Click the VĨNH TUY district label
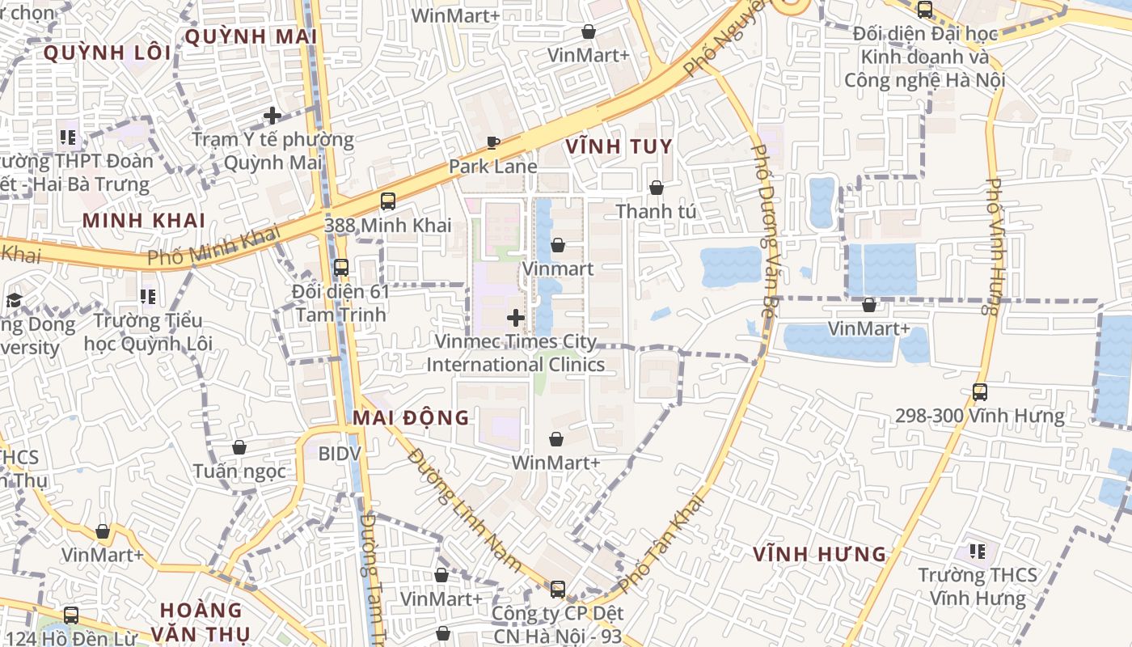tap(619, 146)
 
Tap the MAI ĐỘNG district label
tap(411, 417)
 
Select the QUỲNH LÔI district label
tap(107, 53)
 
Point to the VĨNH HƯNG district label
tap(820, 554)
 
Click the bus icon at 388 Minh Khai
tap(388, 201)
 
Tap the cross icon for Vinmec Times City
tap(515, 318)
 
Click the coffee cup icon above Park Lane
tap(492, 143)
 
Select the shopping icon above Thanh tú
tap(656, 188)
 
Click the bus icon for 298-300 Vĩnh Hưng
tap(980, 392)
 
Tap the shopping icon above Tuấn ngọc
tap(239, 447)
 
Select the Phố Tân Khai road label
tap(662, 543)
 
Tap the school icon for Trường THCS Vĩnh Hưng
tap(978, 552)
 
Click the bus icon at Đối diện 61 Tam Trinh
tap(341, 267)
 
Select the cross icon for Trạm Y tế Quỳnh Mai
tap(272, 116)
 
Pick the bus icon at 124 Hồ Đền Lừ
tap(71, 615)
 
